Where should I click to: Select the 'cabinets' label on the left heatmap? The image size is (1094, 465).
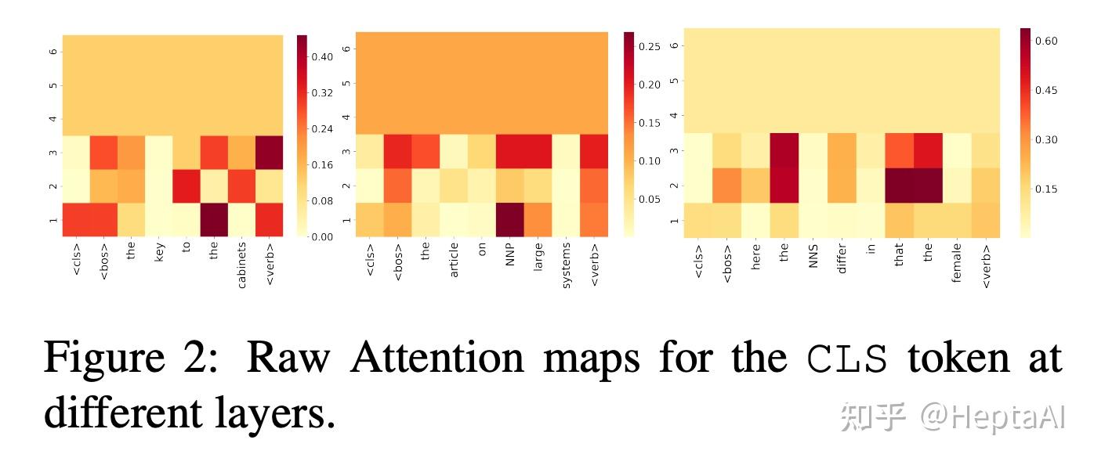pos(242,267)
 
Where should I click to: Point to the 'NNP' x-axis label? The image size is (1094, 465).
pos(510,255)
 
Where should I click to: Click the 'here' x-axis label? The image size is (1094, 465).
pos(756,256)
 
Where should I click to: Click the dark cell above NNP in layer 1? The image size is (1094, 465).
pos(510,219)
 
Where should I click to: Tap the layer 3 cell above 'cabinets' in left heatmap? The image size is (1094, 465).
pos(242,152)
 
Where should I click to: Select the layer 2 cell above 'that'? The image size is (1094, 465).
pos(900,185)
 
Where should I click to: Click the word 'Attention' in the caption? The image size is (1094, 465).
pos(437,358)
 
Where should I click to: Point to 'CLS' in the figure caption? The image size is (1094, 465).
pos(848,359)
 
